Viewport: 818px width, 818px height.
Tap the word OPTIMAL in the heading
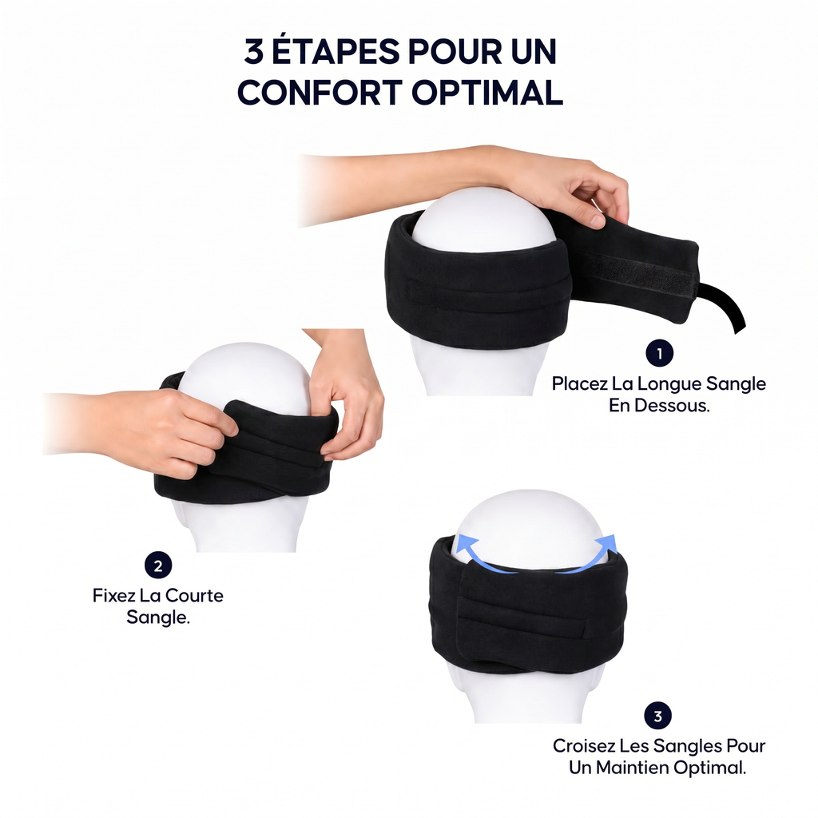[x=487, y=93]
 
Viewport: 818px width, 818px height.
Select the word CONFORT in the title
[x=320, y=93]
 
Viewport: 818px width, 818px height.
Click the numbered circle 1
[x=659, y=353]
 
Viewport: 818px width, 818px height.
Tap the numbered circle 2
[x=158, y=566]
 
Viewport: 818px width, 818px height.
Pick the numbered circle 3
[x=658, y=716]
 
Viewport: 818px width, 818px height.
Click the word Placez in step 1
[x=580, y=384]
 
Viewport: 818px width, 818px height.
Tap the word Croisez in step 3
[x=584, y=746]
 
